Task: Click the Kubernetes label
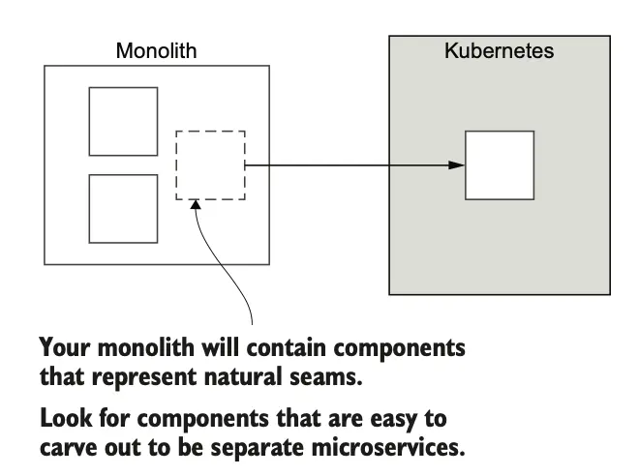[x=499, y=50]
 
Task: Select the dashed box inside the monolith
[x=210, y=164]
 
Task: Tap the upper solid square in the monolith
[x=123, y=121]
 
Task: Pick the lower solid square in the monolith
[x=123, y=208]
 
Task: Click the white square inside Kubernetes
[x=500, y=164]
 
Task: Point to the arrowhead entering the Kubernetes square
[x=457, y=164]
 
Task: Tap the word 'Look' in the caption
[x=64, y=422]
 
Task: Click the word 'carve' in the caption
[x=69, y=450]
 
